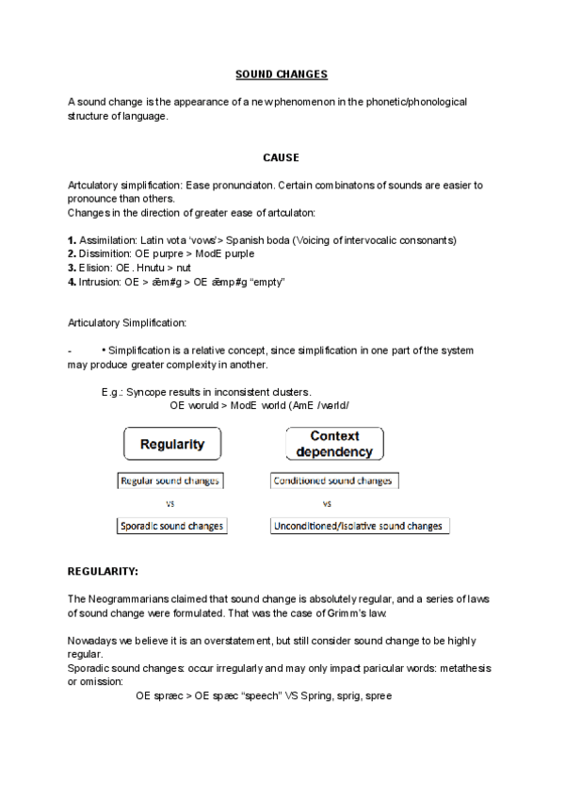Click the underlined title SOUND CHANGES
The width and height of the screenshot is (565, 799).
click(x=281, y=73)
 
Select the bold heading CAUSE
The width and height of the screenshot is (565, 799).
click(x=281, y=157)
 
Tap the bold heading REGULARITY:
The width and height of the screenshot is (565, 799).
click(x=103, y=571)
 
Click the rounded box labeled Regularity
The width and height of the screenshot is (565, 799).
click(x=172, y=444)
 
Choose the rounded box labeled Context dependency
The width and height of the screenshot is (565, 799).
click(x=334, y=444)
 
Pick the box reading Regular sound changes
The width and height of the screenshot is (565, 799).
click(x=169, y=481)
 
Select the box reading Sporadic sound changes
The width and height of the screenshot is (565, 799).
click(x=171, y=526)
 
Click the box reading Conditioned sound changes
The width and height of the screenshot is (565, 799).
click(x=332, y=481)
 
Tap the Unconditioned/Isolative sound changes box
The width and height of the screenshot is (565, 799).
click(x=360, y=526)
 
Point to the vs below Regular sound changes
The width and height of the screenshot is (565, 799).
click(x=170, y=503)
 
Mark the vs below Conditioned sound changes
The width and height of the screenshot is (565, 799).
click(x=327, y=503)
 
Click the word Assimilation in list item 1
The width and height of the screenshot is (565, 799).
click(x=107, y=240)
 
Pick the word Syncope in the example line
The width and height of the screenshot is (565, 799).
click(x=147, y=392)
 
